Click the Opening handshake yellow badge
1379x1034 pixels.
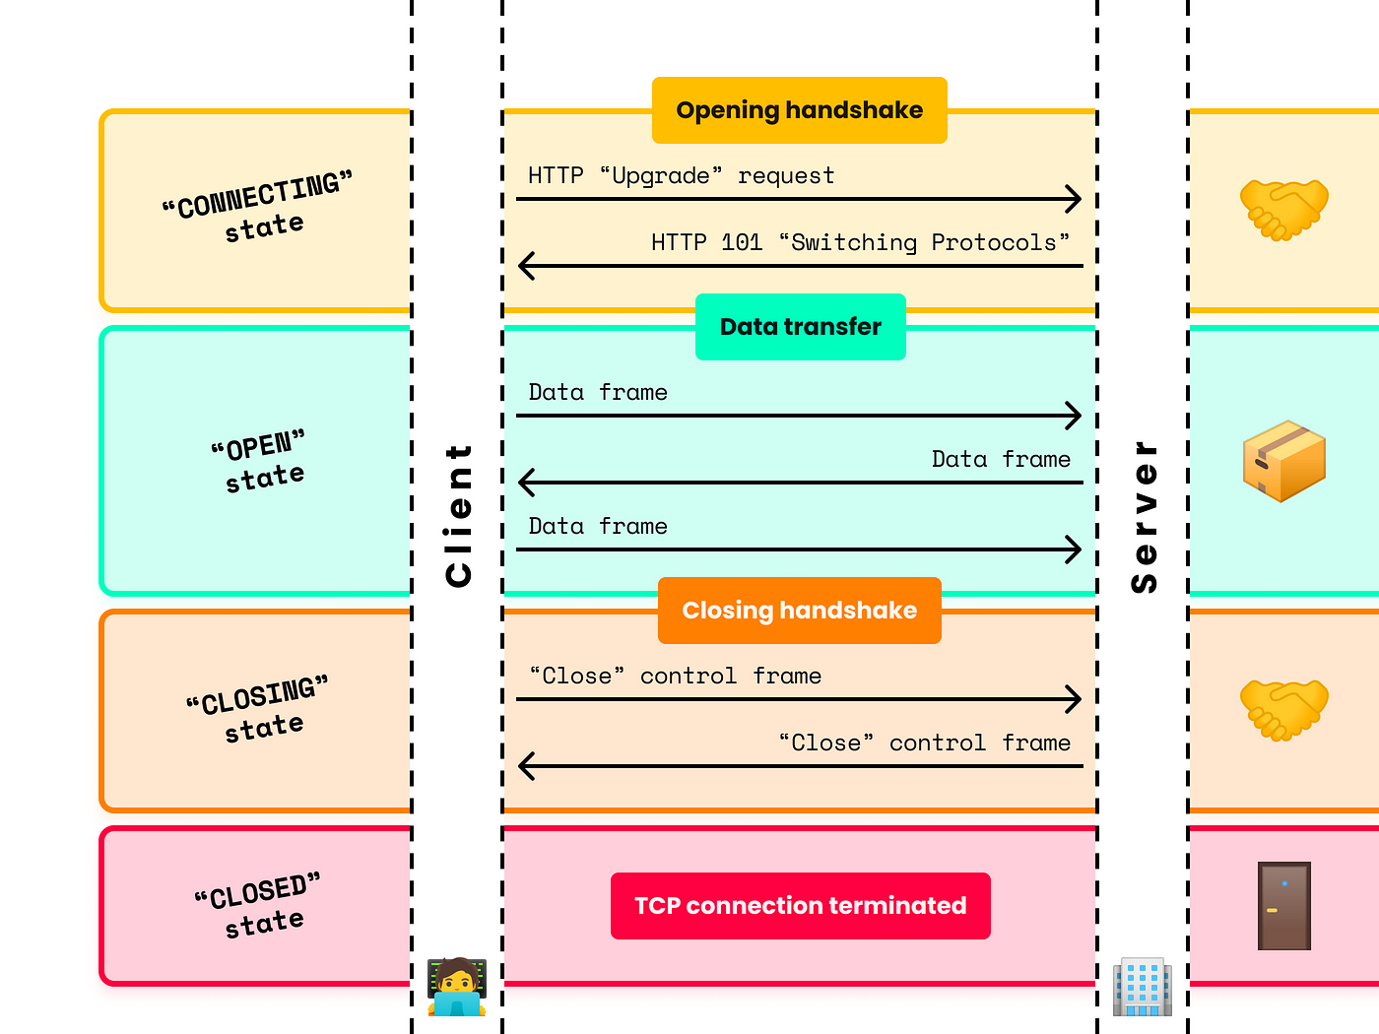click(799, 110)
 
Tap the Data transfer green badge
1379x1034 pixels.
click(800, 327)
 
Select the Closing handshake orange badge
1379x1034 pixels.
click(799, 611)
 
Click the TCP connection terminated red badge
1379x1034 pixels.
click(800, 906)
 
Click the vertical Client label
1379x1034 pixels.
click(458, 515)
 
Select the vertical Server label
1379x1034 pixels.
click(1144, 516)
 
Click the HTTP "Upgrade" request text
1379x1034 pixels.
click(681, 176)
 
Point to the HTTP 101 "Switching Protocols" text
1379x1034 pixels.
click(860, 243)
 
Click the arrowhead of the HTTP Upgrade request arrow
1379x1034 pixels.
click(1075, 199)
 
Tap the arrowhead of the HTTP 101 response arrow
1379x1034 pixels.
click(526, 266)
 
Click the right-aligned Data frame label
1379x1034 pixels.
click(1001, 460)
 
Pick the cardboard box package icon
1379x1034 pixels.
click(1284, 461)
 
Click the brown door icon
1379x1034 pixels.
click(1284, 906)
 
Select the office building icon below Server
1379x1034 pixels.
click(1143, 987)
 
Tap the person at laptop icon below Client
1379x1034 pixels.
click(457, 987)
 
